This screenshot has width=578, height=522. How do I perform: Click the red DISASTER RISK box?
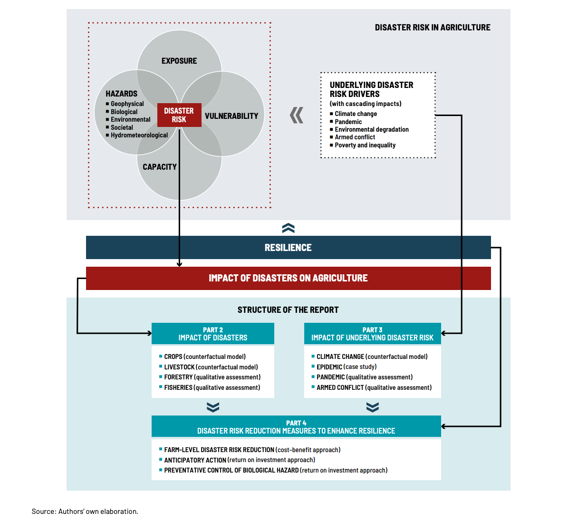pyautogui.click(x=179, y=115)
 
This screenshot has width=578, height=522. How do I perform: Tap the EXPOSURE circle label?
pyautogui.click(x=179, y=61)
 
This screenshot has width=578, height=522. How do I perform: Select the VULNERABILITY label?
pyautogui.click(x=231, y=116)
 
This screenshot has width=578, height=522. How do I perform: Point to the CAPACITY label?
pyautogui.click(x=160, y=167)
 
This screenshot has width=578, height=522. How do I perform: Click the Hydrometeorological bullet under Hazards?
pyautogui.click(x=137, y=135)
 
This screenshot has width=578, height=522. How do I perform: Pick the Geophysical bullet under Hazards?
pyautogui.click(x=125, y=104)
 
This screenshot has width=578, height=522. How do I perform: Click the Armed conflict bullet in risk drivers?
pyautogui.click(x=352, y=137)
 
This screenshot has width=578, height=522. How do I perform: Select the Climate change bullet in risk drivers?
pyautogui.click(x=353, y=114)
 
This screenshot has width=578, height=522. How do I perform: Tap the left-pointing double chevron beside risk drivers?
pyautogui.click(x=297, y=116)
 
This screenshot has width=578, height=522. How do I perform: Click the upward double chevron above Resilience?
pyautogui.click(x=288, y=228)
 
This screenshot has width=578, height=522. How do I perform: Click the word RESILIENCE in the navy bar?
pyautogui.click(x=288, y=248)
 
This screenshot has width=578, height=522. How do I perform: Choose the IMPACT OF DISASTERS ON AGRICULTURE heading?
pyautogui.click(x=288, y=278)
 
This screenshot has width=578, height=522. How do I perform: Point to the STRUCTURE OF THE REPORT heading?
pyautogui.click(x=288, y=310)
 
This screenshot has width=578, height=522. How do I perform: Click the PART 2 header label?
pyautogui.click(x=213, y=330)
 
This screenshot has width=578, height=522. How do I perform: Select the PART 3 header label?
pyautogui.click(x=372, y=330)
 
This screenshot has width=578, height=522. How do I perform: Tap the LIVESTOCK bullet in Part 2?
pyautogui.click(x=209, y=367)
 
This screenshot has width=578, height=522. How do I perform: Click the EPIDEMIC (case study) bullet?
pyautogui.click(x=344, y=367)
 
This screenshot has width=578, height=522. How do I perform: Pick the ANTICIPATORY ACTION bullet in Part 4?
pyautogui.click(x=237, y=460)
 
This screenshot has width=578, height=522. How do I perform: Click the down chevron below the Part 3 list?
pyautogui.click(x=372, y=407)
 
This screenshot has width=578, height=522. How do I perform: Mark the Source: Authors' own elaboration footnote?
pyautogui.click(x=85, y=512)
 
